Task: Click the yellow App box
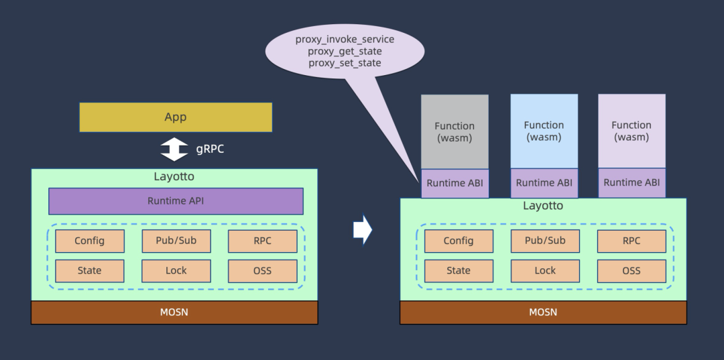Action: point(176,117)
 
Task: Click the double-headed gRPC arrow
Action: point(174,149)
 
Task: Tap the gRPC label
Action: point(210,149)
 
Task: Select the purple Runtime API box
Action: point(176,201)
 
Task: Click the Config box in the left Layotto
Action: point(89,241)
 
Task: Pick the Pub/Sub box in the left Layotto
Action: point(176,241)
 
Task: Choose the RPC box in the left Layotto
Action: point(262,241)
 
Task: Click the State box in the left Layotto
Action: point(89,271)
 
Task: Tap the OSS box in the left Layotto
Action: point(262,271)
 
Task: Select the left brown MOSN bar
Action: point(174,312)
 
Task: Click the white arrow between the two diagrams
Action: point(362,230)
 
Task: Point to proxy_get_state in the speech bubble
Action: point(345,51)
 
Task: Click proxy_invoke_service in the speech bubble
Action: point(345,40)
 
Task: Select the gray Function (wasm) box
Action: point(455,131)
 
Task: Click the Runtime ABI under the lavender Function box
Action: point(631,182)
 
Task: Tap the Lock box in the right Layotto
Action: point(545,271)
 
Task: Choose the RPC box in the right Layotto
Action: point(631,241)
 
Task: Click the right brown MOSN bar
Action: point(543,312)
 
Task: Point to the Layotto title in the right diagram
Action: point(543,206)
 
